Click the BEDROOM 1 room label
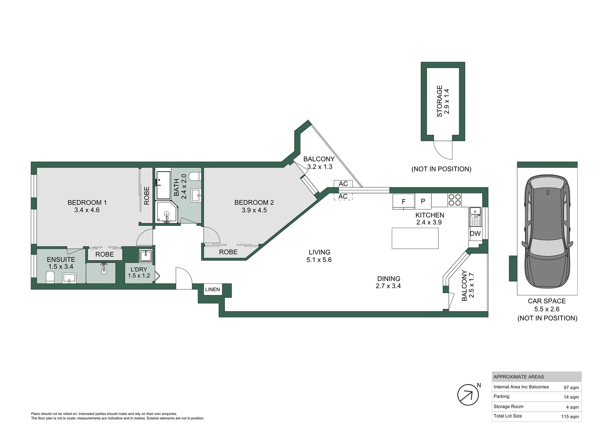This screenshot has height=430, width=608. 87,203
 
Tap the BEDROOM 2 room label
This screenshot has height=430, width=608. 254,203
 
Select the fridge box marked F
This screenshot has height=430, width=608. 403,201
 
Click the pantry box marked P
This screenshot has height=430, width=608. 423,201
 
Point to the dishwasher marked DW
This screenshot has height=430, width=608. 475,234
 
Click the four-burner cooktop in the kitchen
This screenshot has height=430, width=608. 454,199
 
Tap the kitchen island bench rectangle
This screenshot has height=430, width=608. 415,238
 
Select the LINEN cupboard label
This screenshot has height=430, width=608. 212,289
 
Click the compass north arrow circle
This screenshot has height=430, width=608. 468,395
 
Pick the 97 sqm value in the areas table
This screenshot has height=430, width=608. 571,388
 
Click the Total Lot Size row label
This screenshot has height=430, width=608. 508,416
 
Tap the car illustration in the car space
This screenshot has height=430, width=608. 547,232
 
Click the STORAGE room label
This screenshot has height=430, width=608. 439,101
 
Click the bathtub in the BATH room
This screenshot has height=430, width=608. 164,185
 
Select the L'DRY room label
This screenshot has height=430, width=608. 139,270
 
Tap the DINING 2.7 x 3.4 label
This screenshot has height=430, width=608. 388,282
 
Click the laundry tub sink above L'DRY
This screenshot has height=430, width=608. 146,255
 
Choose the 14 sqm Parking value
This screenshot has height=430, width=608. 571,397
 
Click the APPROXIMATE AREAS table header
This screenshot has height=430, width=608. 518,377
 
